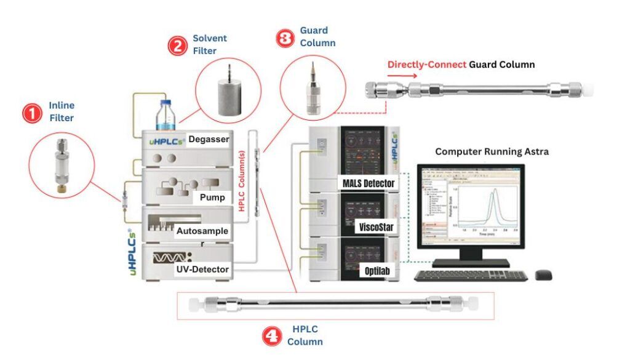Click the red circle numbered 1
point(31,113)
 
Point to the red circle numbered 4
point(272,335)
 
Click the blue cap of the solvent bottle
point(164,104)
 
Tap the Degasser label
point(209,139)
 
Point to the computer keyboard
point(471,275)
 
